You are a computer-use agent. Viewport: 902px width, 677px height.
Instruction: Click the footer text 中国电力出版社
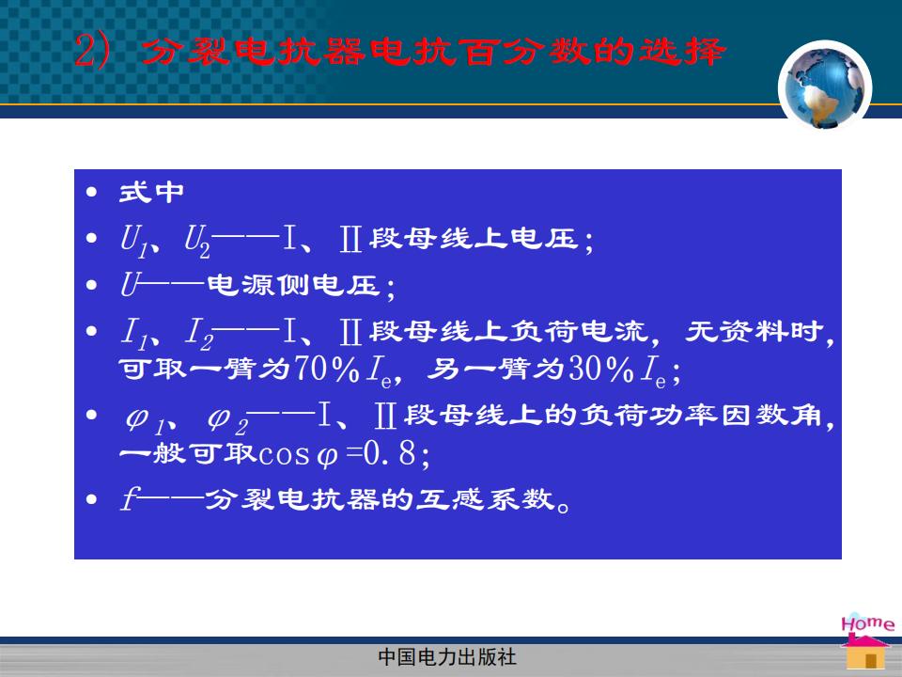[447, 656]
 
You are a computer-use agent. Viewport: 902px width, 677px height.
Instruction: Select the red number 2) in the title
[92, 51]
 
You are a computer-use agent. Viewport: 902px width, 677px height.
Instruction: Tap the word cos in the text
[284, 455]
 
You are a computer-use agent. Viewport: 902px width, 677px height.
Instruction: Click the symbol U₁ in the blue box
[133, 239]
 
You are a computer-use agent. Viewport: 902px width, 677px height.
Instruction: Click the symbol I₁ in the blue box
[135, 334]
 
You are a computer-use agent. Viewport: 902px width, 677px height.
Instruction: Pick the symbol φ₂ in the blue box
[227, 420]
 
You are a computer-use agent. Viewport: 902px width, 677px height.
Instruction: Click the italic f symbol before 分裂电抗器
[129, 498]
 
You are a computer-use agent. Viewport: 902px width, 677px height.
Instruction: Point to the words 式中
[151, 192]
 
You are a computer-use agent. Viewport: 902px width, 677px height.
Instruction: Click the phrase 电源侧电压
[293, 285]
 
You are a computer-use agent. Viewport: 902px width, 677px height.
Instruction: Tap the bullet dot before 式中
[91, 192]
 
